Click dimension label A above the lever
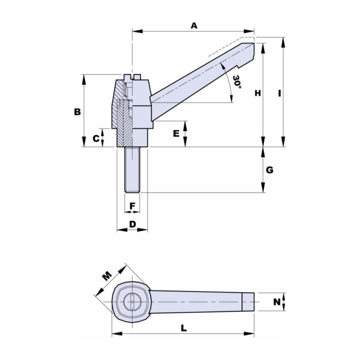pos(194,26)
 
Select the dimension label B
pos(77,112)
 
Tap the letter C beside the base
pos(96,139)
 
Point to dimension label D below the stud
pos(132,224)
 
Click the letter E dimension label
pos(176,134)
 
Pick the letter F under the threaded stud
pos(132,206)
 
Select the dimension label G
pos(270,170)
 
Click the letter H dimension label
pos(257,93)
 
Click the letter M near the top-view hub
pos(106,276)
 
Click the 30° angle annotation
pos(237,82)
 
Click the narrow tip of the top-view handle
pos(248,301)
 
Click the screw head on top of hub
pos(132,76)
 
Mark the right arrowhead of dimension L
pos(252,334)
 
